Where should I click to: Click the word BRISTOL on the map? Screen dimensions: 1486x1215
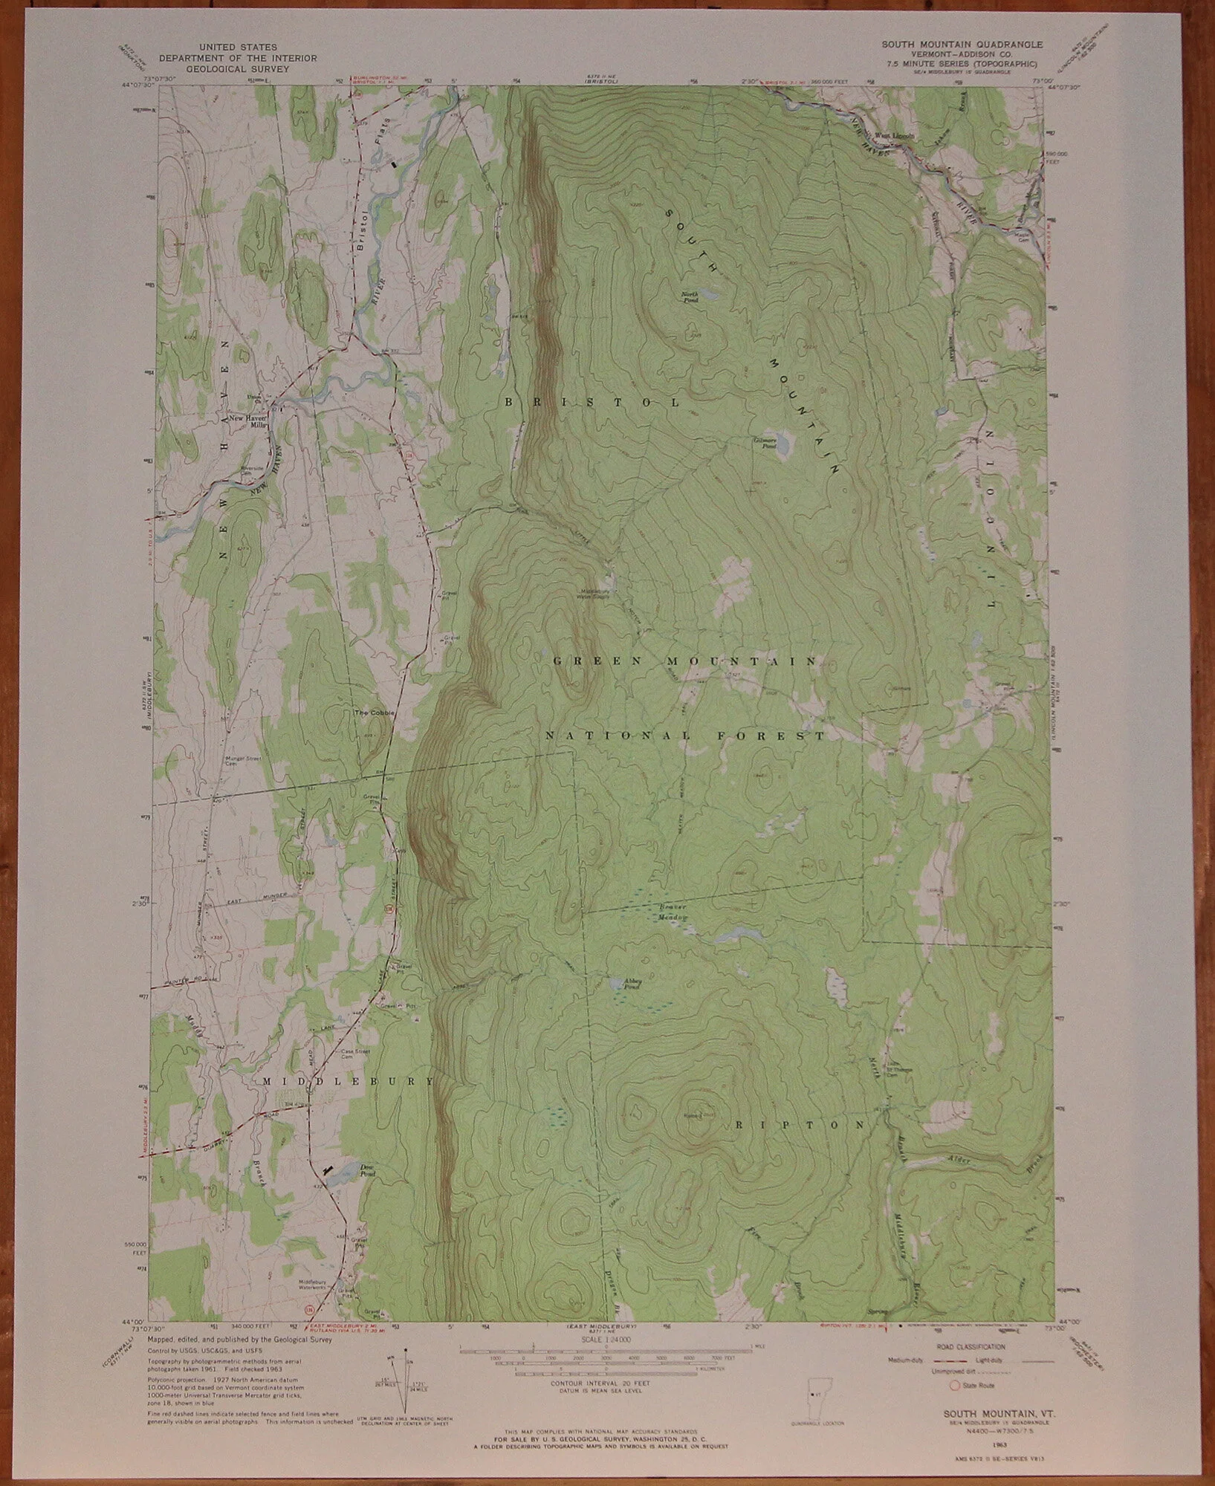tap(592, 402)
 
